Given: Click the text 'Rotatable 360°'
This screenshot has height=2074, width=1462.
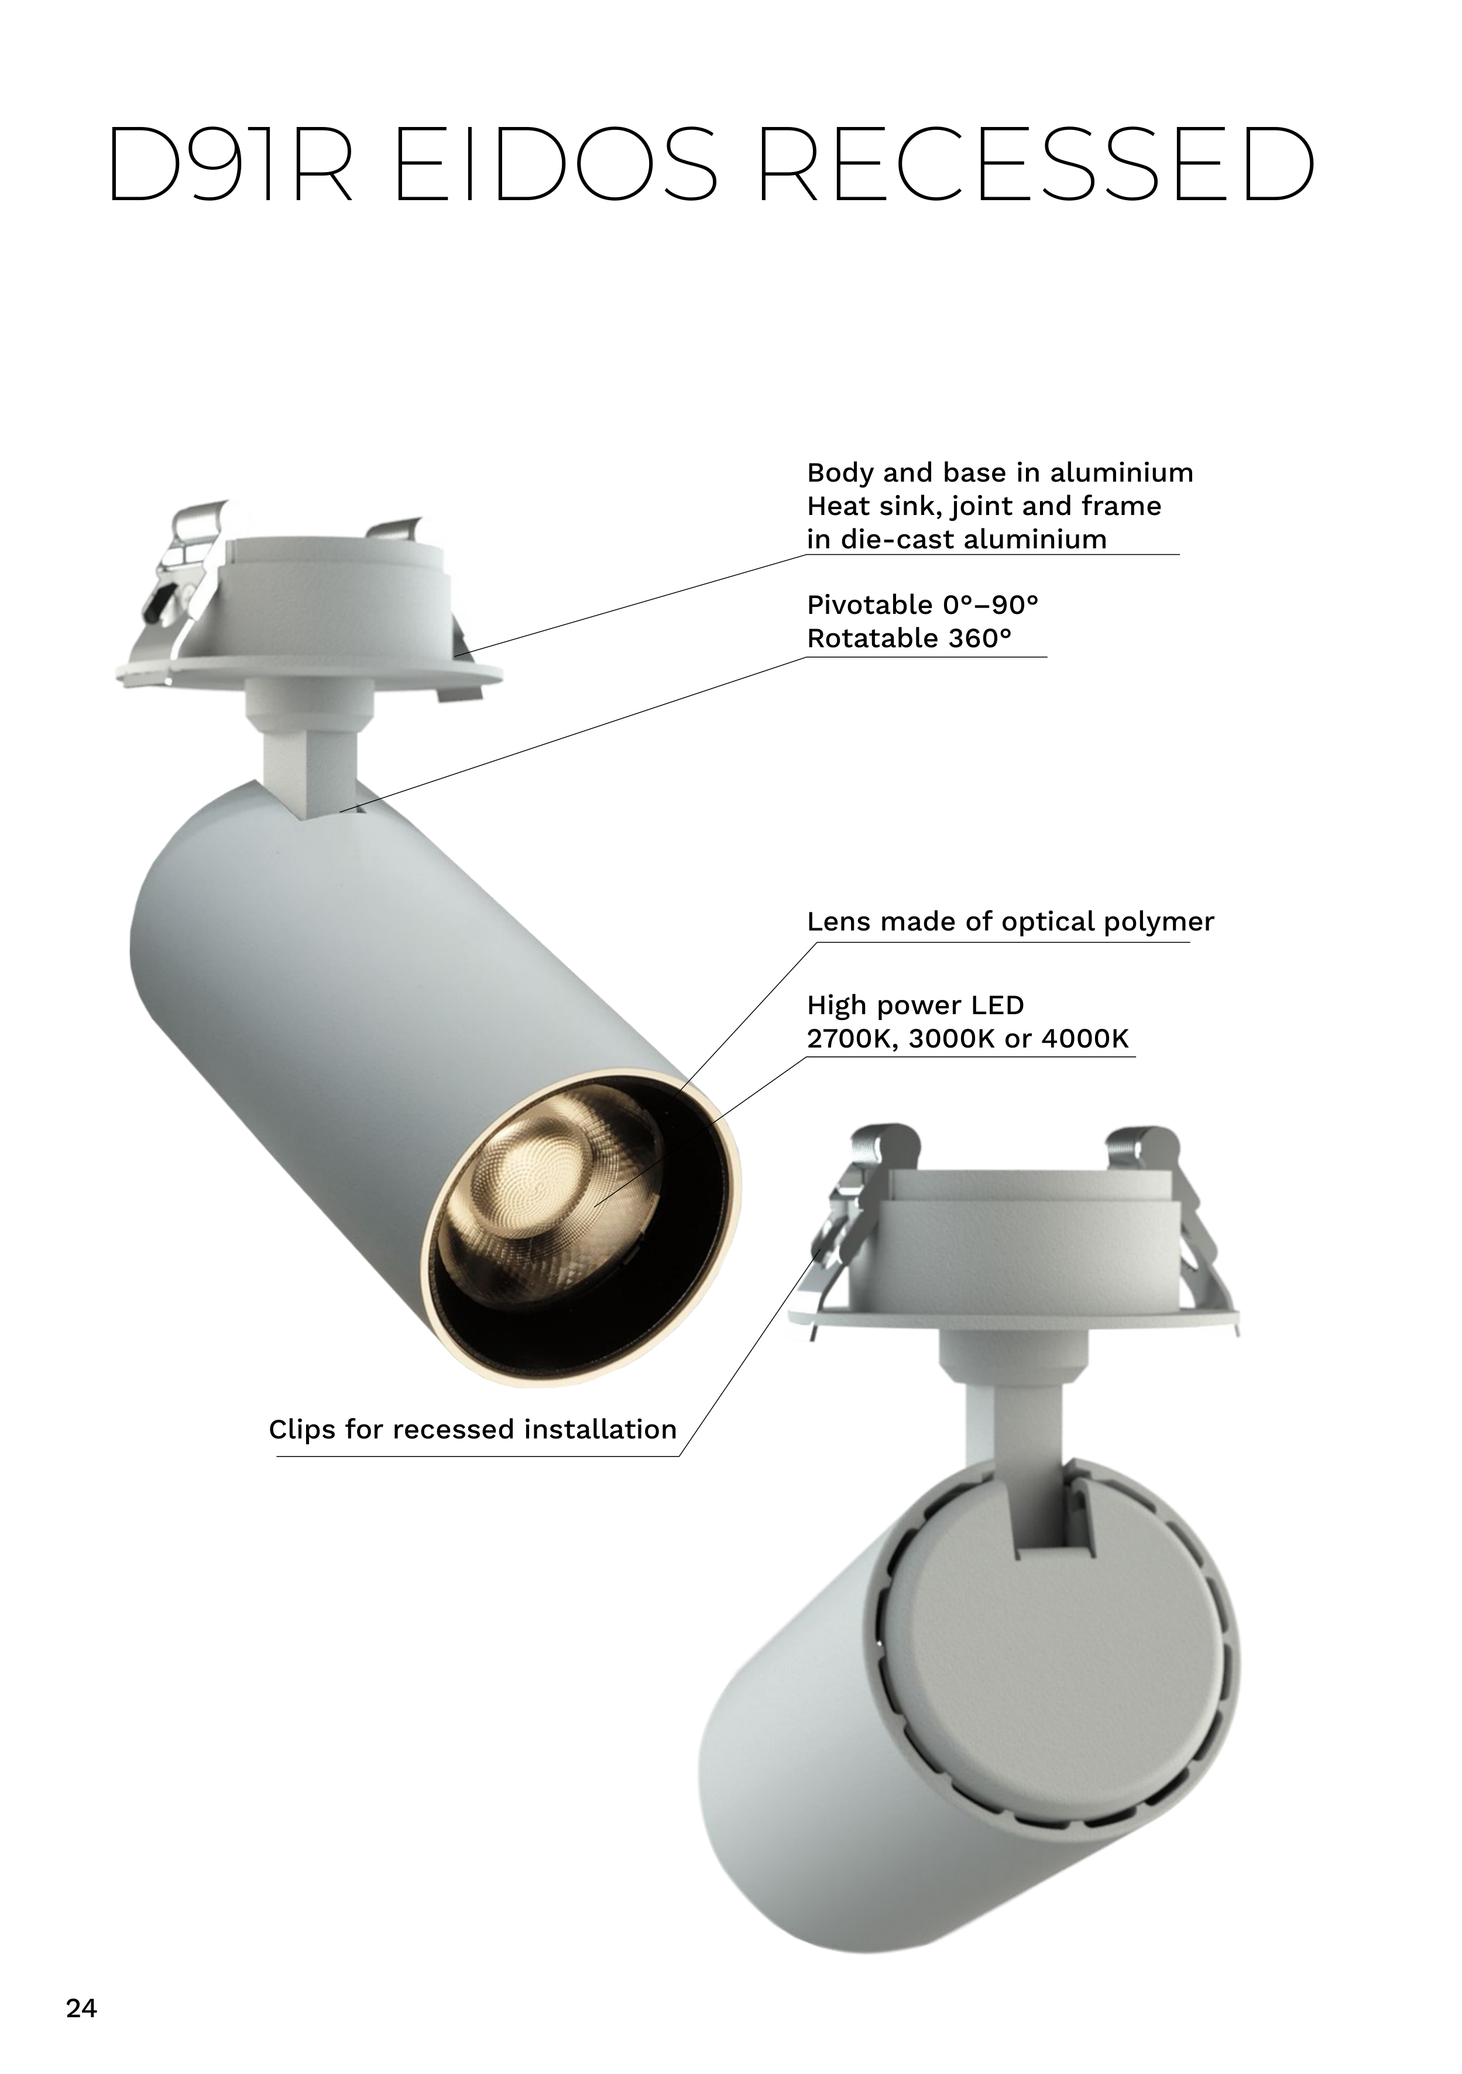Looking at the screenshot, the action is [909, 638].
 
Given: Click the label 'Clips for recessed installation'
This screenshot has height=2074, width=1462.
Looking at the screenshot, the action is [472, 1429].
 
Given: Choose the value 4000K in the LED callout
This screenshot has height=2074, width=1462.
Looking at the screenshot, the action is [1085, 1039].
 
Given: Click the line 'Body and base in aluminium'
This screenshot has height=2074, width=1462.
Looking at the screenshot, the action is [1000, 472].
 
